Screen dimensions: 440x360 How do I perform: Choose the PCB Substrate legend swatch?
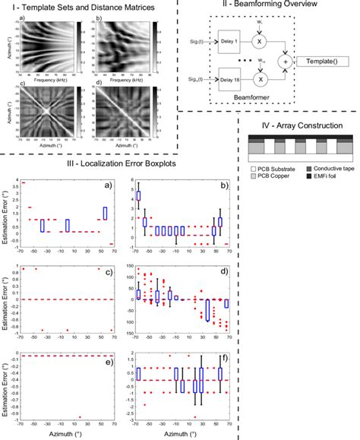coord(253,166)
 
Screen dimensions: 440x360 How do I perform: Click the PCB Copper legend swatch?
coord(253,176)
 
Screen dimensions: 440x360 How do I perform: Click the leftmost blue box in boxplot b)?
coord(138,196)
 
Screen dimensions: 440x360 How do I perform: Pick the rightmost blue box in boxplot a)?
coord(105,214)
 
